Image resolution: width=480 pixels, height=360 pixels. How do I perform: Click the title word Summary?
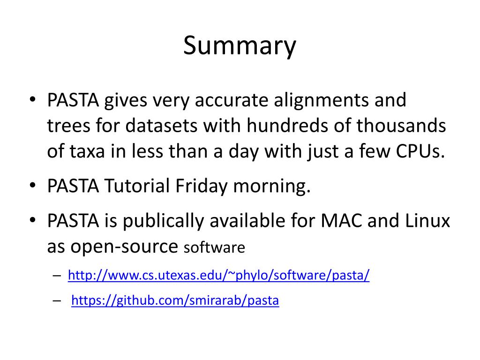point(240,46)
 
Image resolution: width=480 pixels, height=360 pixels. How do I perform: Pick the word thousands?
point(401,126)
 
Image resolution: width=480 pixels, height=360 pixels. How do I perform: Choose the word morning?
point(272,186)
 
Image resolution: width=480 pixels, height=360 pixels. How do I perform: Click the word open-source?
point(124,246)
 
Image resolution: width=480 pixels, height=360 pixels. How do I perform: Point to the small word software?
point(214,247)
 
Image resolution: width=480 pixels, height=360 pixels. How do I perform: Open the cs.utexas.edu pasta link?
point(219,275)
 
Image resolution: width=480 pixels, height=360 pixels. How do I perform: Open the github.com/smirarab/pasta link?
point(175,300)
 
